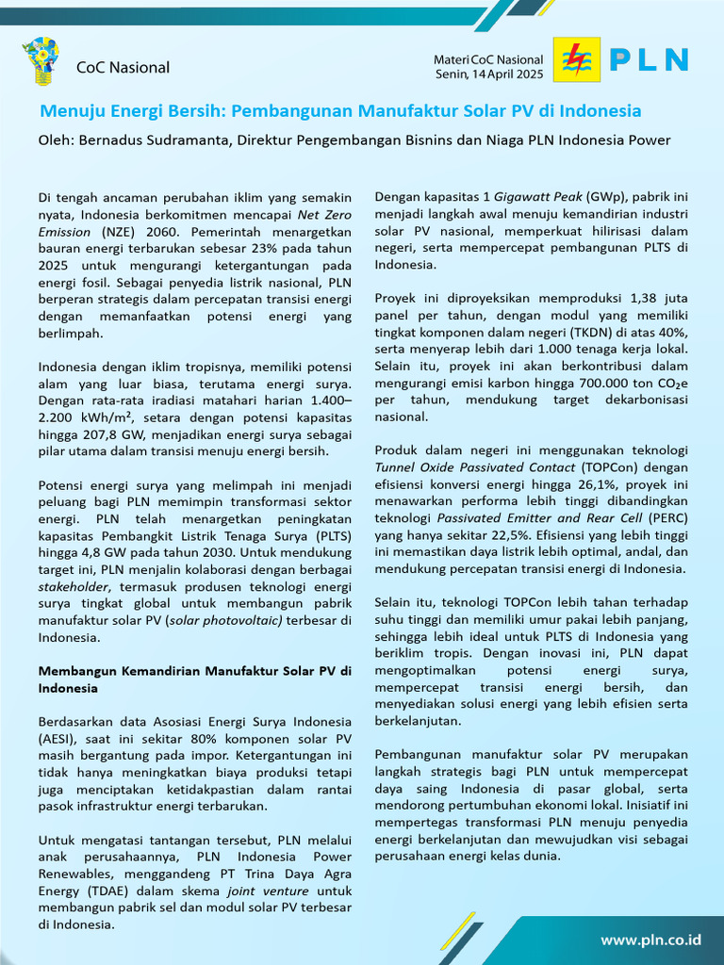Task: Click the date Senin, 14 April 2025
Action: click(x=489, y=74)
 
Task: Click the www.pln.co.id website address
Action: click(x=650, y=940)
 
